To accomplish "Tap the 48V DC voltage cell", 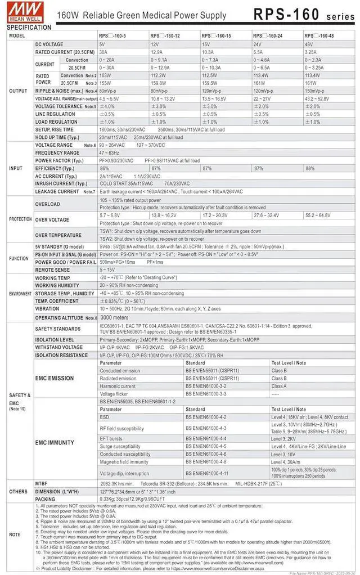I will (309, 44).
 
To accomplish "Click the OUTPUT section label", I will (18, 91).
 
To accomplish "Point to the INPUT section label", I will (16, 168).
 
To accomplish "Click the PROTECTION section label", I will (20, 219).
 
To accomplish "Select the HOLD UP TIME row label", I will (57, 137).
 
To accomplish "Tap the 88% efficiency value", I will (310, 168).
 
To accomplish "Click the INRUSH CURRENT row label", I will (61, 183).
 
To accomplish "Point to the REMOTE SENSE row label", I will (53, 269).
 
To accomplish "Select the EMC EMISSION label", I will (54, 378).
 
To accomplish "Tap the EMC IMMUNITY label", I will (54, 442).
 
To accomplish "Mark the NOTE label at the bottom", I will (15, 534).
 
